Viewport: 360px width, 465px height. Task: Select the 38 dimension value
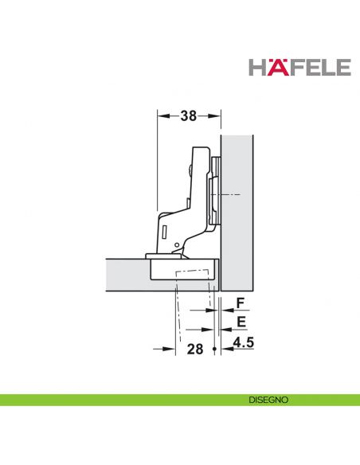coord(187,116)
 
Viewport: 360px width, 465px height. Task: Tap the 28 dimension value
coord(194,349)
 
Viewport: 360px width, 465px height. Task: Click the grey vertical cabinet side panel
coord(237,207)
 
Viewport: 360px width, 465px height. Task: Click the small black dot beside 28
coord(214,348)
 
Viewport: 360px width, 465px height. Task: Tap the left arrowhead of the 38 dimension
coord(162,116)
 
